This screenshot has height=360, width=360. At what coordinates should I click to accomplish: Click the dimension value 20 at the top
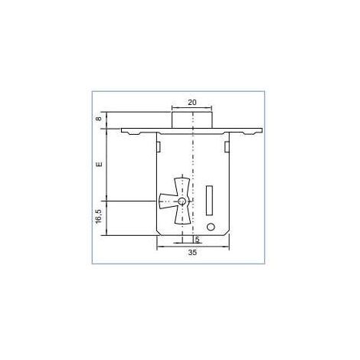coord(192,103)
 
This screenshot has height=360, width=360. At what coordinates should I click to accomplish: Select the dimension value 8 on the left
coord(99,119)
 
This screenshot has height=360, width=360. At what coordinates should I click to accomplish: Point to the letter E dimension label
coord(99,164)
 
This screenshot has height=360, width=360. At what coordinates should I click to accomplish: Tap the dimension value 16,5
coord(99,217)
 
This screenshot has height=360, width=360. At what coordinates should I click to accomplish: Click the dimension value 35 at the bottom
coord(192,253)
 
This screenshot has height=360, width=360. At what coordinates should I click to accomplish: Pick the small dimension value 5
coord(197,240)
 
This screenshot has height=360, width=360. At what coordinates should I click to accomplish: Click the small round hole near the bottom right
coord(211,227)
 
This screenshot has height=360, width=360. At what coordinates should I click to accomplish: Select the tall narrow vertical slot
coord(209,201)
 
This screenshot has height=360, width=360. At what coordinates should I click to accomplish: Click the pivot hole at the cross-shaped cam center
coord(182,201)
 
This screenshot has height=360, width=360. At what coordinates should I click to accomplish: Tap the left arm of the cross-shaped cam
coord(167,201)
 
